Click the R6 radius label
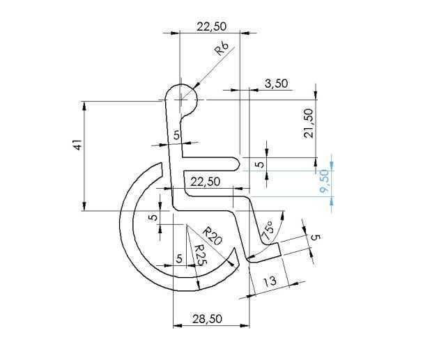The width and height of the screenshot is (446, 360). point(222,49)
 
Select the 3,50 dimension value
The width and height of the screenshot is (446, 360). point(276,84)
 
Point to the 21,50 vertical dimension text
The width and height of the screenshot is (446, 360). point(308,123)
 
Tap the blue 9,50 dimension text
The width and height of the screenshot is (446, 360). point(324,181)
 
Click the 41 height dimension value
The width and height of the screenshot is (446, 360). point(77,145)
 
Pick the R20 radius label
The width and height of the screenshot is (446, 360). point(213,235)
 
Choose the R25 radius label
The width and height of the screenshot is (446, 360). point(199,255)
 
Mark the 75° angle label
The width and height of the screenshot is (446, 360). point(268,230)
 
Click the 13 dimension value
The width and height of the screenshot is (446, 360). point(270,281)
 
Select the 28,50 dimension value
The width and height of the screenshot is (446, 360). point(207,319)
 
